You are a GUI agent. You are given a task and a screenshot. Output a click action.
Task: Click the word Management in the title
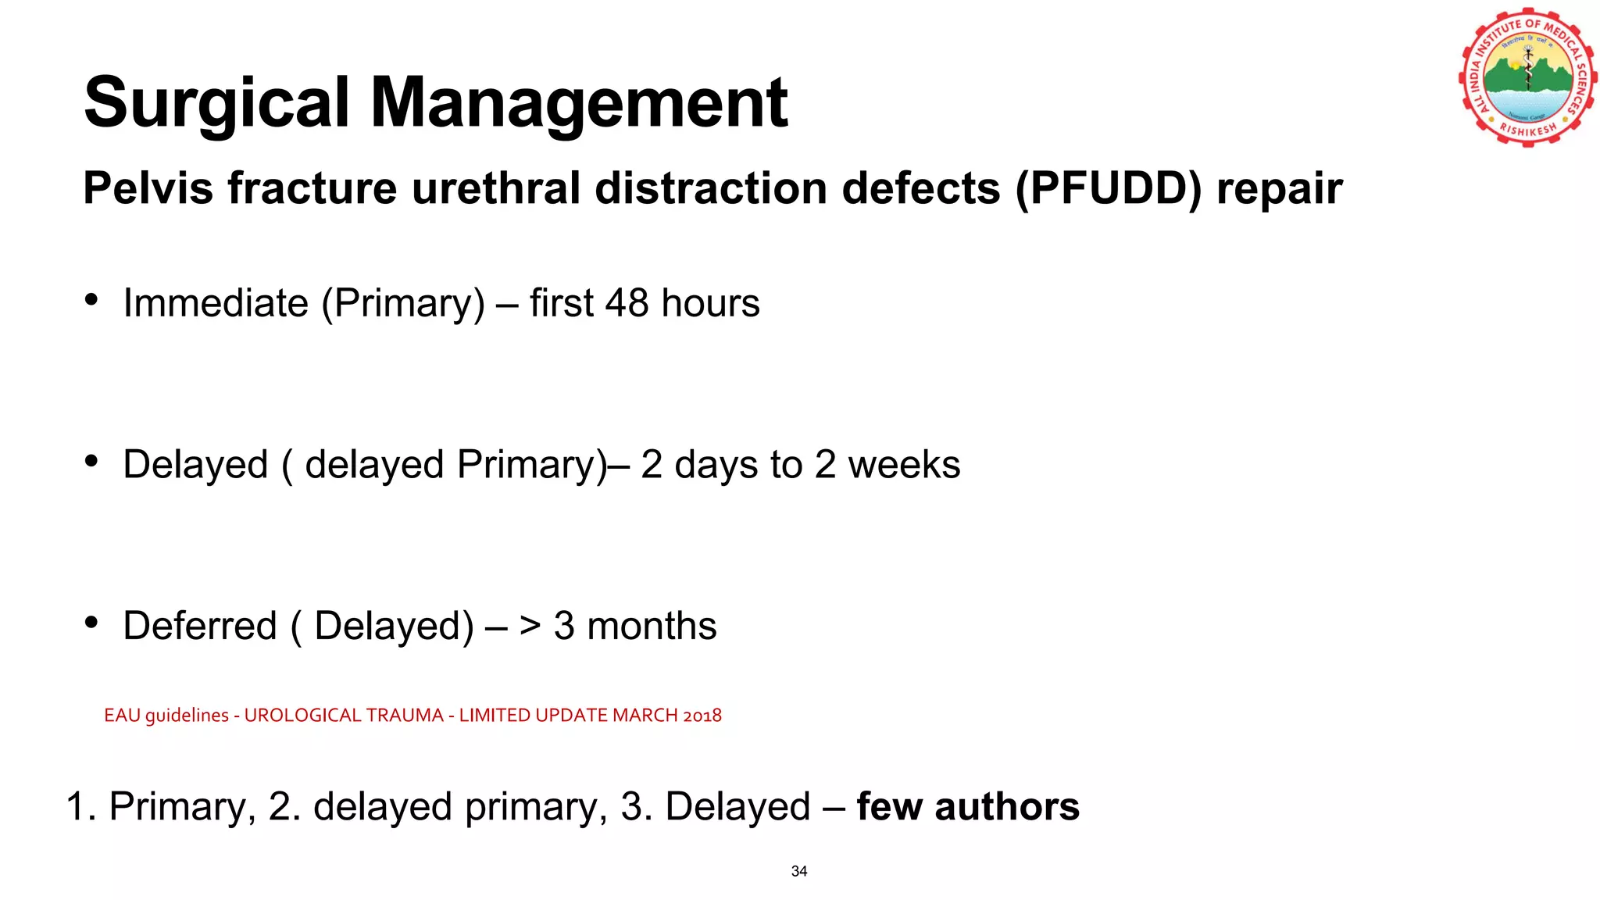tap(579, 103)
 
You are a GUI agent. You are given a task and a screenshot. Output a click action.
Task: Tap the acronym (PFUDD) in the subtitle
tap(1108, 189)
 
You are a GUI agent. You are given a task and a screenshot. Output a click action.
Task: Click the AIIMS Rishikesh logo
tap(1527, 77)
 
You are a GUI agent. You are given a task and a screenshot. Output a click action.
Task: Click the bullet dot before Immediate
tap(91, 300)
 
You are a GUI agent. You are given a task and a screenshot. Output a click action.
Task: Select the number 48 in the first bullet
tap(627, 303)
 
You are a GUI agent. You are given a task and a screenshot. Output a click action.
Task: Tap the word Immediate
tap(216, 303)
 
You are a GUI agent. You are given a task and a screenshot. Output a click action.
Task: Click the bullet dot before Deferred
tap(91, 623)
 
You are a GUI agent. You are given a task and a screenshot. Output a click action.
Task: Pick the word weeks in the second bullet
tap(904, 465)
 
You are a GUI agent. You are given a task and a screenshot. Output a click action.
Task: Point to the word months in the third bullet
tap(652, 627)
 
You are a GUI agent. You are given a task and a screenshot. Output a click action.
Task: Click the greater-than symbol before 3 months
tap(530, 627)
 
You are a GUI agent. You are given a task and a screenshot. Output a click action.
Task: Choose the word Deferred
tap(200, 627)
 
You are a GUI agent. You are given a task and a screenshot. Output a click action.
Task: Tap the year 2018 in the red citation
tap(702, 716)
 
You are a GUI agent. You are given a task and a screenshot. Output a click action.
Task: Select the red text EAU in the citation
tap(122, 716)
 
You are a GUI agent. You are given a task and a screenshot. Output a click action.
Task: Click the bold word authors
tap(1007, 807)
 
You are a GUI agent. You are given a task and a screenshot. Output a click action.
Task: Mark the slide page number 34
tap(799, 871)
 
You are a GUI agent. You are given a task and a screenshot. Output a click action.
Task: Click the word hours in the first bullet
tap(710, 303)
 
